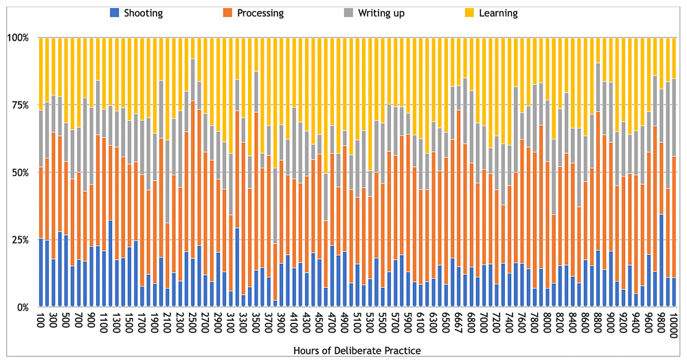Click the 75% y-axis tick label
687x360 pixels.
tap(19, 105)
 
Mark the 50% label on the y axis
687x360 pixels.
tap(19, 172)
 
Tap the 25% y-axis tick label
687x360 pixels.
tap(19, 240)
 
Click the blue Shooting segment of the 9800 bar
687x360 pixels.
tap(662, 261)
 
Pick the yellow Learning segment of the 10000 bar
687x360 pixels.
tap(674, 58)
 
